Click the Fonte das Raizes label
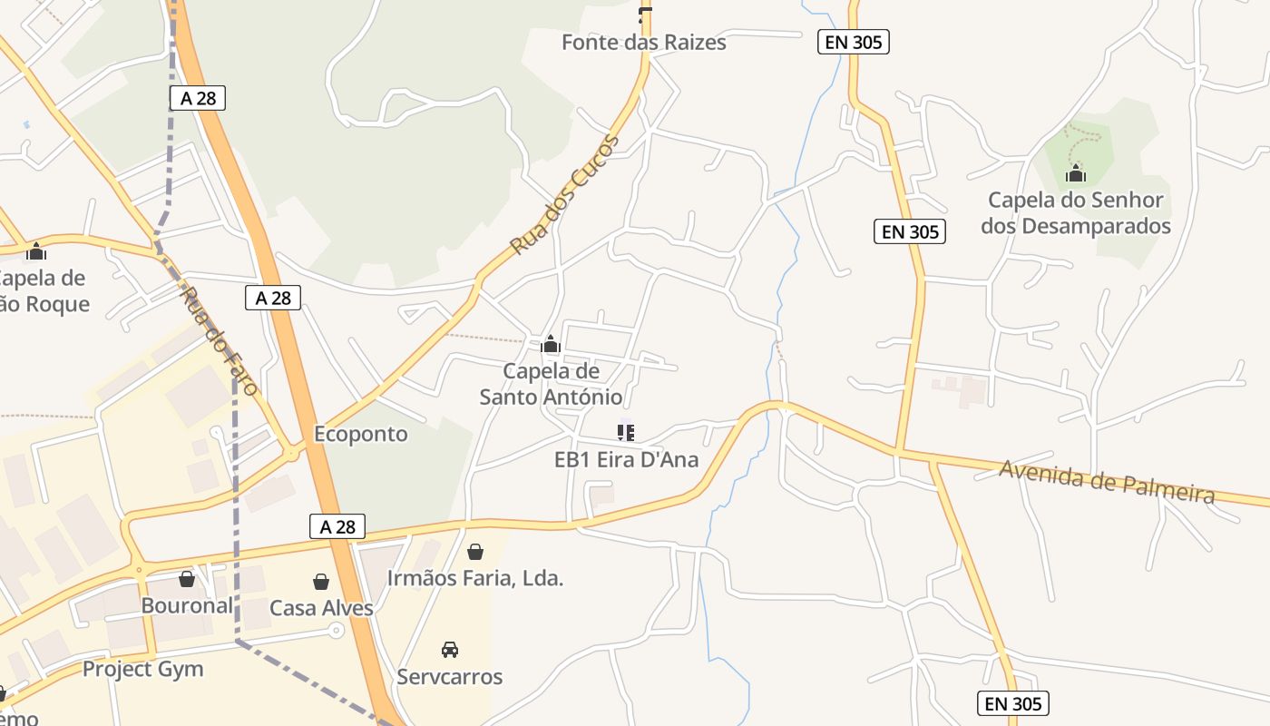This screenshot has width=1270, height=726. point(643,42)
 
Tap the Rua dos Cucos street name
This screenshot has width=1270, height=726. point(564,195)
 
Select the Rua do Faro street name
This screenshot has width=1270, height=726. point(220,340)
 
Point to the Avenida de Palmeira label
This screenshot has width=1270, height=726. point(1107,481)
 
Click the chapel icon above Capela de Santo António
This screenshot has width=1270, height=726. point(551,344)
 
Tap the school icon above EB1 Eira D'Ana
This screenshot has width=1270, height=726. point(626,433)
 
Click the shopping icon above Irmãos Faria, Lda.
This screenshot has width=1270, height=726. point(474,551)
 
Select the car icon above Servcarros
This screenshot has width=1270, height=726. point(449,649)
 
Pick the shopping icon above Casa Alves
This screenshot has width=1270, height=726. point(320,581)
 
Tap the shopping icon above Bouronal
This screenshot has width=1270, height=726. point(187,578)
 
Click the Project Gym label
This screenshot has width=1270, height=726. point(143,670)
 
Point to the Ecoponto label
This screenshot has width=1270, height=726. point(360,434)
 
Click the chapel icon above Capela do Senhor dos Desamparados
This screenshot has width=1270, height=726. point(1076,172)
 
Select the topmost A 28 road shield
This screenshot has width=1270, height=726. point(198,98)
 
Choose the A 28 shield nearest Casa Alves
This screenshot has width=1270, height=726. point(337,526)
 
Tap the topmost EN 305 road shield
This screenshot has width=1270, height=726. point(853,41)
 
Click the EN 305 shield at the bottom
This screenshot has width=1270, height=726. point(1013,703)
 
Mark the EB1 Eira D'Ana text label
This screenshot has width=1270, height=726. point(626,460)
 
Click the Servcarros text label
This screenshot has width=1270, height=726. point(449,677)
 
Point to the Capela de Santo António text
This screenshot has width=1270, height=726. point(551,384)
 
